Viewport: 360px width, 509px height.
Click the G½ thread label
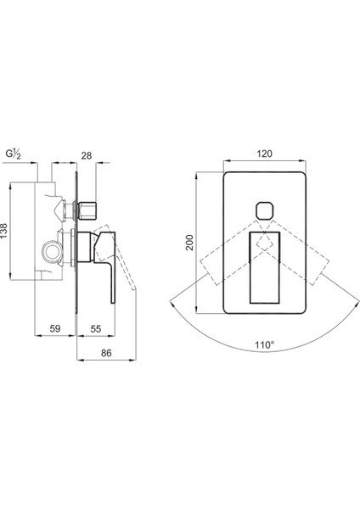point(14,154)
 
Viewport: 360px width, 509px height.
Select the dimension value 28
point(87,156)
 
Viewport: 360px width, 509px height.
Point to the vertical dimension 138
point(4,231)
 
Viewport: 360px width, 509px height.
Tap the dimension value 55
point(96,329)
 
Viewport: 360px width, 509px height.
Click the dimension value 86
point(106,353)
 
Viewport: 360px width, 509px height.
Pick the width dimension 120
point(264,154)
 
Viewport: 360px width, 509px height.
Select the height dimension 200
point(189,243)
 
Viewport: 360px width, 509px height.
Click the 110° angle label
point(265,344)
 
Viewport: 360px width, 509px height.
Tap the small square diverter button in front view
point(265,210)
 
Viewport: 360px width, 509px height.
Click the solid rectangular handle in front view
point(264,268)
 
